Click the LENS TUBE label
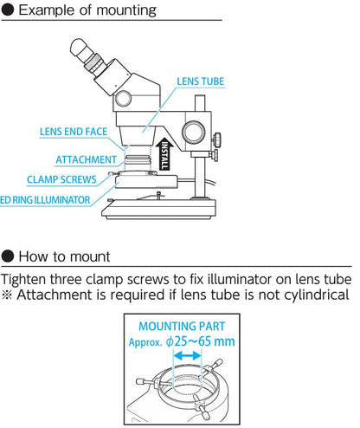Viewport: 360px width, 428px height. click(201, 81)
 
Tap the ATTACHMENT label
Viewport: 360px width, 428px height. click(86, 159)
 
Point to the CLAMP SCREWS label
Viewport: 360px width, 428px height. click(61, 180)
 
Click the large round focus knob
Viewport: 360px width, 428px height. click(192, 132)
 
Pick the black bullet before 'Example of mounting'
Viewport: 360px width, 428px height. click(8, 11)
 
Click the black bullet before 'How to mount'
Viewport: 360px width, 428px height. click(8, 256)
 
